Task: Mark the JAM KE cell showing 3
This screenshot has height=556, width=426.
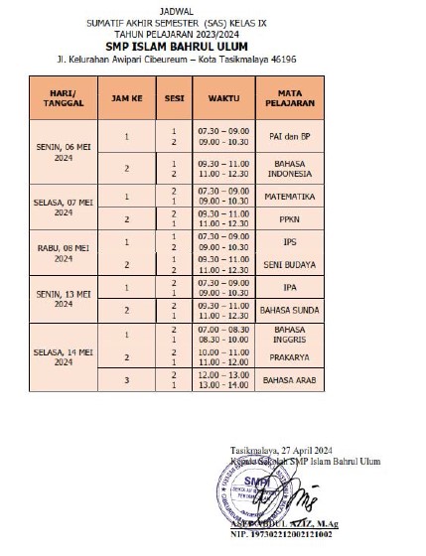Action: click(x=127, y=380)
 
